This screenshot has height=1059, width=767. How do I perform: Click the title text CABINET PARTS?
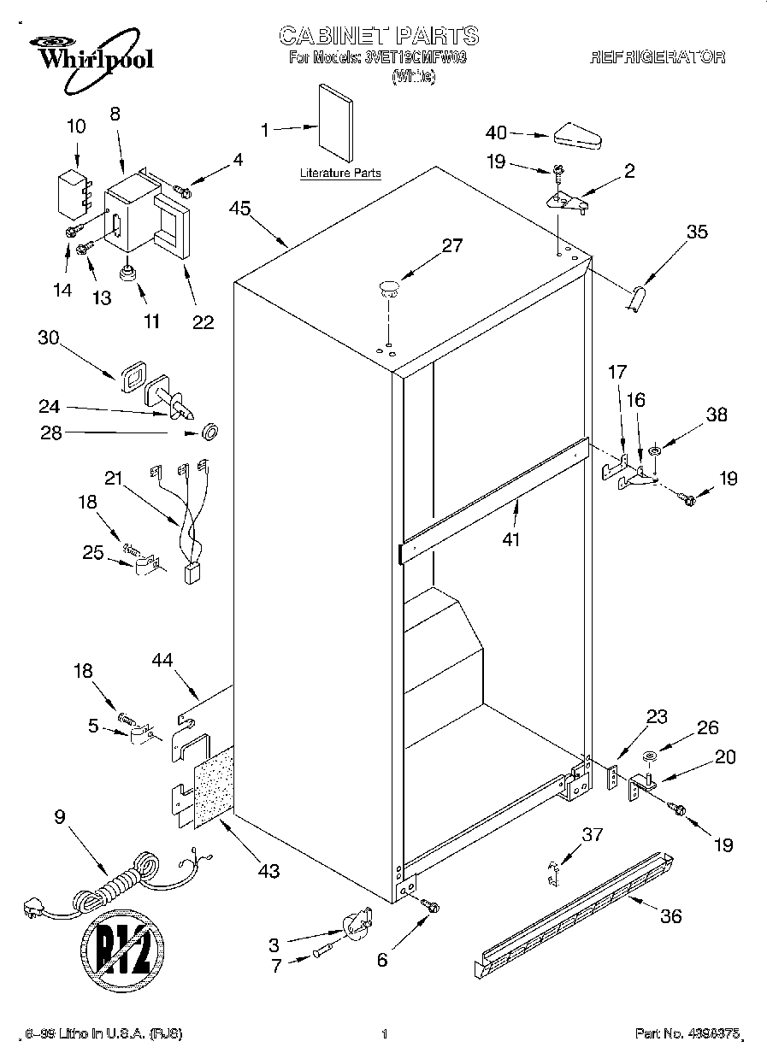point(378,35)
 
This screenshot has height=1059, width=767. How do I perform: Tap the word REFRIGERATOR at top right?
point(658,57)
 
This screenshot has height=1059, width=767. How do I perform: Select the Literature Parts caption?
point(339,174)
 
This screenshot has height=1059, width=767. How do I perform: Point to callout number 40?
point(496,132)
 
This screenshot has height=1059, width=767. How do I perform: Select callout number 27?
point(451,245)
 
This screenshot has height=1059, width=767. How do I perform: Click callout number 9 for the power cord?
point(59,817)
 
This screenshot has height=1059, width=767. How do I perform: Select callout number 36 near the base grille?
point(671,916)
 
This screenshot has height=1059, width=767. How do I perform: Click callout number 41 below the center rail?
point(512,539)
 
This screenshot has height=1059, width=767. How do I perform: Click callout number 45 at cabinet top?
point(239,209)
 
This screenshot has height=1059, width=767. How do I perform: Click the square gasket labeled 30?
point(133,379)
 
